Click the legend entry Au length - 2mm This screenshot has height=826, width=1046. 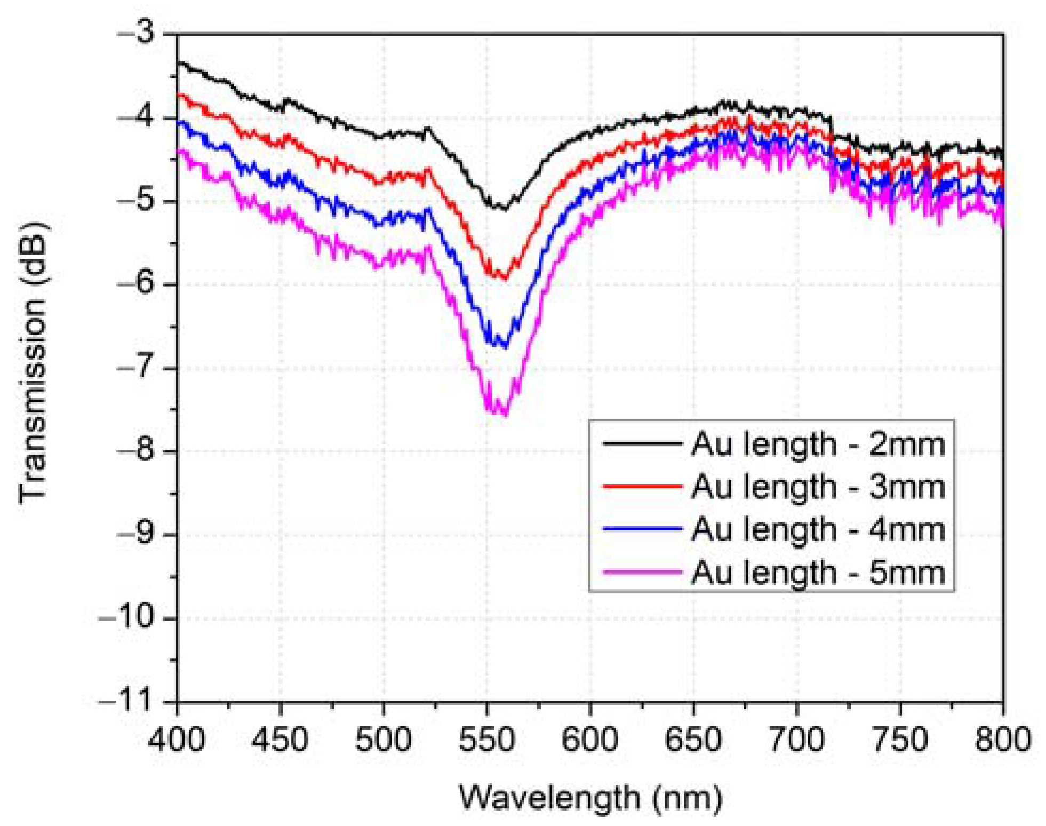click(817, 444)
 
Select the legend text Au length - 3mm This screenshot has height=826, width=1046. click(817, 487)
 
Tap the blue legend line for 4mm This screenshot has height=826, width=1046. click(642, 529)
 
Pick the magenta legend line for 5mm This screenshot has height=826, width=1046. click(642, 571)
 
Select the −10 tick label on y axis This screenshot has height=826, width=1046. click(126, 617)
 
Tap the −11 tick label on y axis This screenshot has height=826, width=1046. click(126, 701)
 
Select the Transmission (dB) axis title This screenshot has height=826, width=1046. click(33, 363)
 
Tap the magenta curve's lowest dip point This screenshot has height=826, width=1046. click(504, 414)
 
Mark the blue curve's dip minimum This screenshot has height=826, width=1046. click(504, 347)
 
